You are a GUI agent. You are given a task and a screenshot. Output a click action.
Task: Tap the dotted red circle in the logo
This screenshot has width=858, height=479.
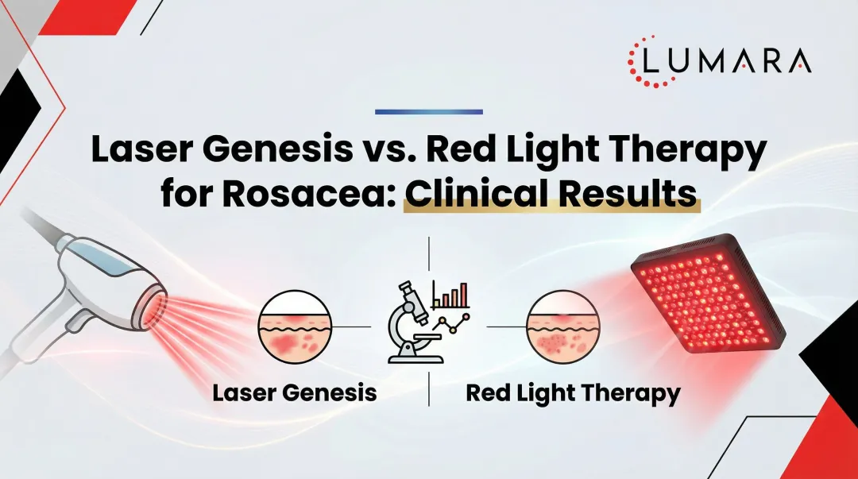point(647,61)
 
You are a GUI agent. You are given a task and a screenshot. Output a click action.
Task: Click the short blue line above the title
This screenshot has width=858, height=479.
point(429,111)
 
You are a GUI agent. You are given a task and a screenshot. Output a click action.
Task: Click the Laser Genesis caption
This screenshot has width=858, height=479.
point(294,392)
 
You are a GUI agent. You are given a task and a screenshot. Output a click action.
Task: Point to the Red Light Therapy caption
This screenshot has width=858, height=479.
point(573,392)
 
